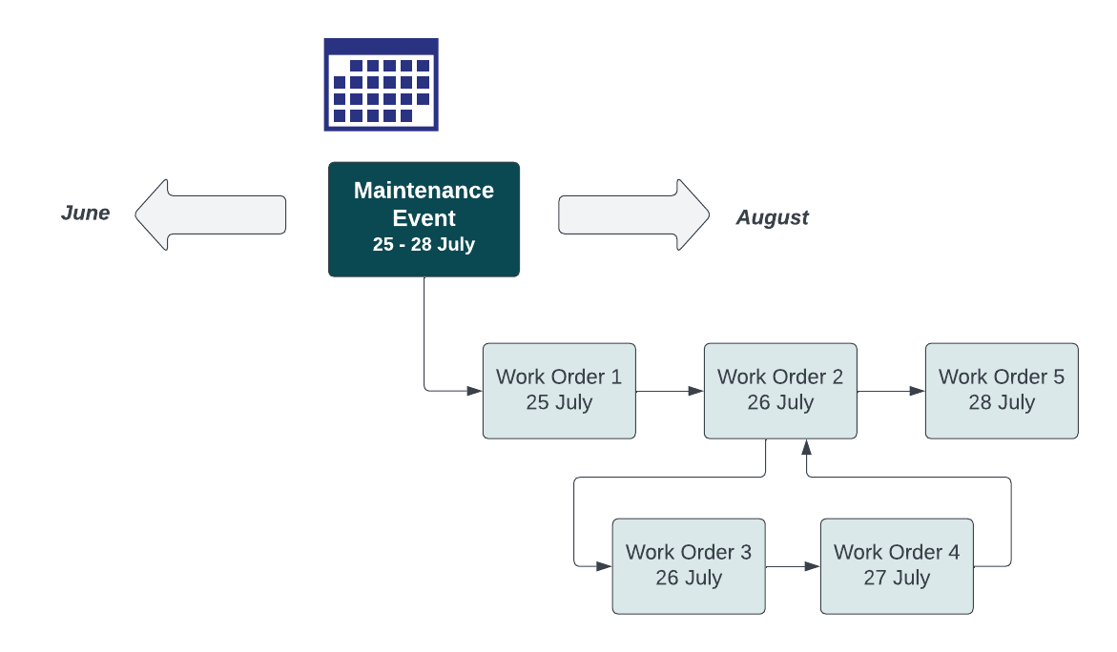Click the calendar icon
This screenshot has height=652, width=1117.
coord(381,84)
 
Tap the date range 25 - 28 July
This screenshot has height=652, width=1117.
coord(424,244)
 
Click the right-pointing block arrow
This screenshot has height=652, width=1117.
coord(634,214)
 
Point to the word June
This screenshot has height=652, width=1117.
coord(85,213)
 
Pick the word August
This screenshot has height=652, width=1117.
coord(772,217)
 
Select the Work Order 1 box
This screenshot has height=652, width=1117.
coord(559,391)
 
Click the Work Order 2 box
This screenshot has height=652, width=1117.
coord(780,391)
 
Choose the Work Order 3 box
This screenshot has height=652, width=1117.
coord(688,566)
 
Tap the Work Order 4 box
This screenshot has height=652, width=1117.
coord(897,566)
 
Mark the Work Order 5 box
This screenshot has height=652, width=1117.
coord(1002,391)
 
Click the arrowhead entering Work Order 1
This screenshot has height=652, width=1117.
coord(475,391)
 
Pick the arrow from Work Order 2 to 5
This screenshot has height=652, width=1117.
coord(891,391)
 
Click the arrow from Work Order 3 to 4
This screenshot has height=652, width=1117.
coord(793,566)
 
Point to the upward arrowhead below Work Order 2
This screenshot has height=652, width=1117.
coord(807,446)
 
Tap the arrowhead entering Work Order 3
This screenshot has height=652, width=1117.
coord(604,566)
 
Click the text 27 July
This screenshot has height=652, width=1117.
coord(897,579)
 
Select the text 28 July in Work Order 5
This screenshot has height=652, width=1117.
coord(1002,402)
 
